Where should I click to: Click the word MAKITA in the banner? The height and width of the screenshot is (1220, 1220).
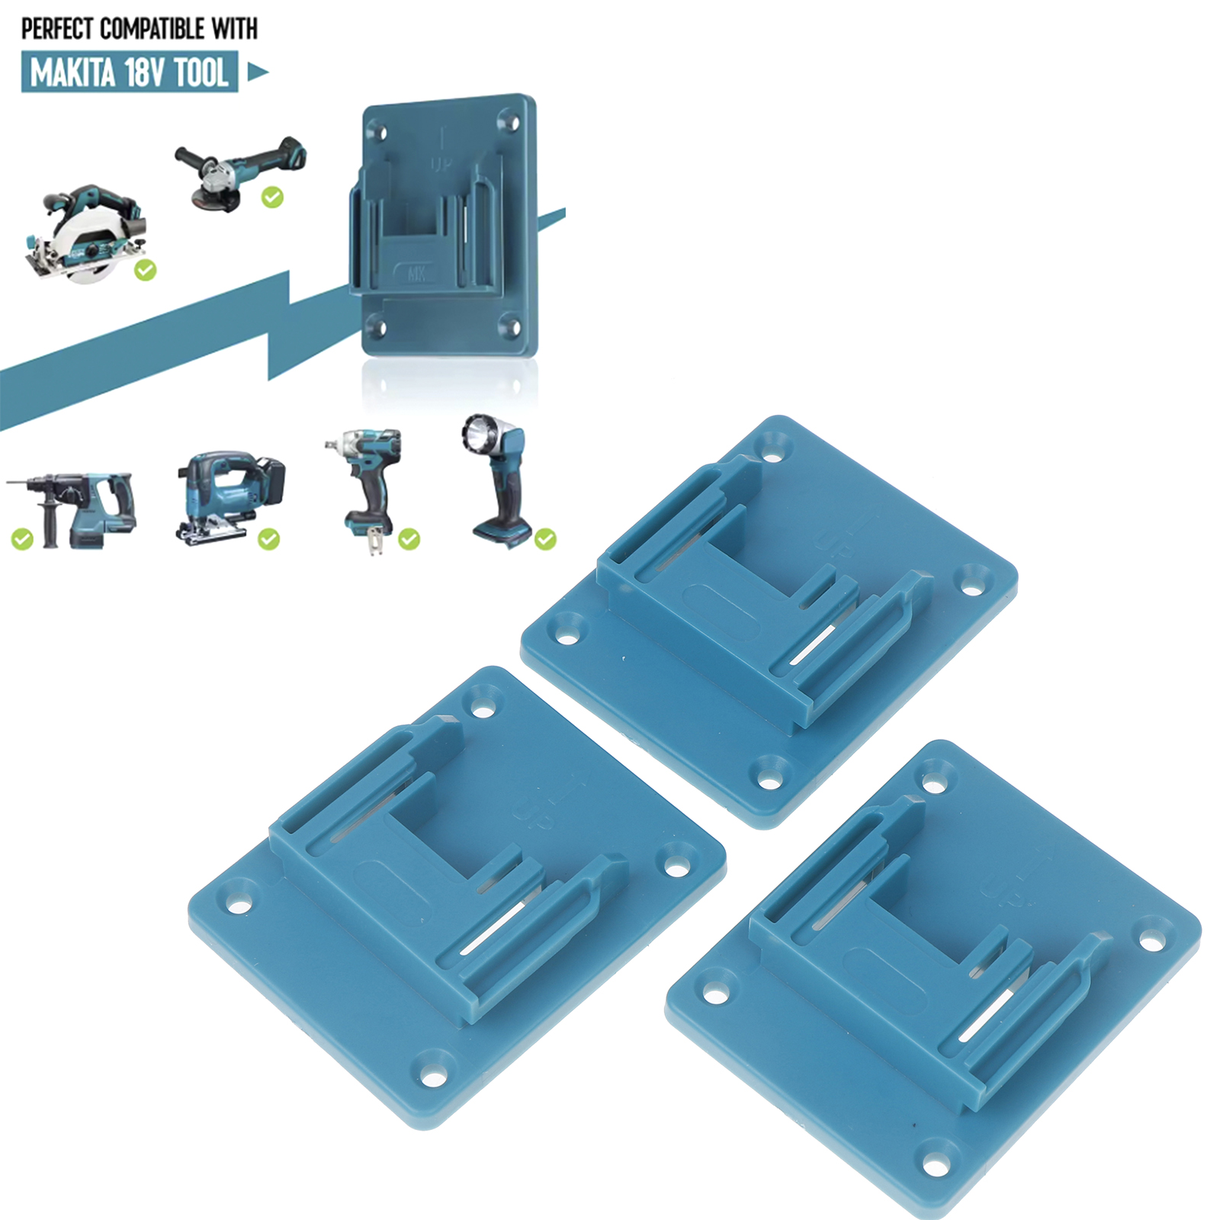point(73,73)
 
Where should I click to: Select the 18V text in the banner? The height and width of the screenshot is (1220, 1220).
point(145,73)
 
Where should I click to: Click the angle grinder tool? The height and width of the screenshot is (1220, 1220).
point(241,171)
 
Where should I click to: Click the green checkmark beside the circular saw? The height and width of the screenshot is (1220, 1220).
point(145,270)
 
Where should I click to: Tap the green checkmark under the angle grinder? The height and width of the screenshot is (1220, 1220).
point(272,197)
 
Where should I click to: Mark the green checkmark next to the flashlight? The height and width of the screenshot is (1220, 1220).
point(545,539)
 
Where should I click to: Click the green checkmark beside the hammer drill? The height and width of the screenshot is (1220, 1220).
point(22,540)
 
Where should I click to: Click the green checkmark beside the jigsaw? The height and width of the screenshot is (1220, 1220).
point(268,539)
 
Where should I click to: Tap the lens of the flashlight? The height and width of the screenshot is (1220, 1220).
point(477,435)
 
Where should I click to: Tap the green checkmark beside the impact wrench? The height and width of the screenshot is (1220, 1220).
point(409,539)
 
